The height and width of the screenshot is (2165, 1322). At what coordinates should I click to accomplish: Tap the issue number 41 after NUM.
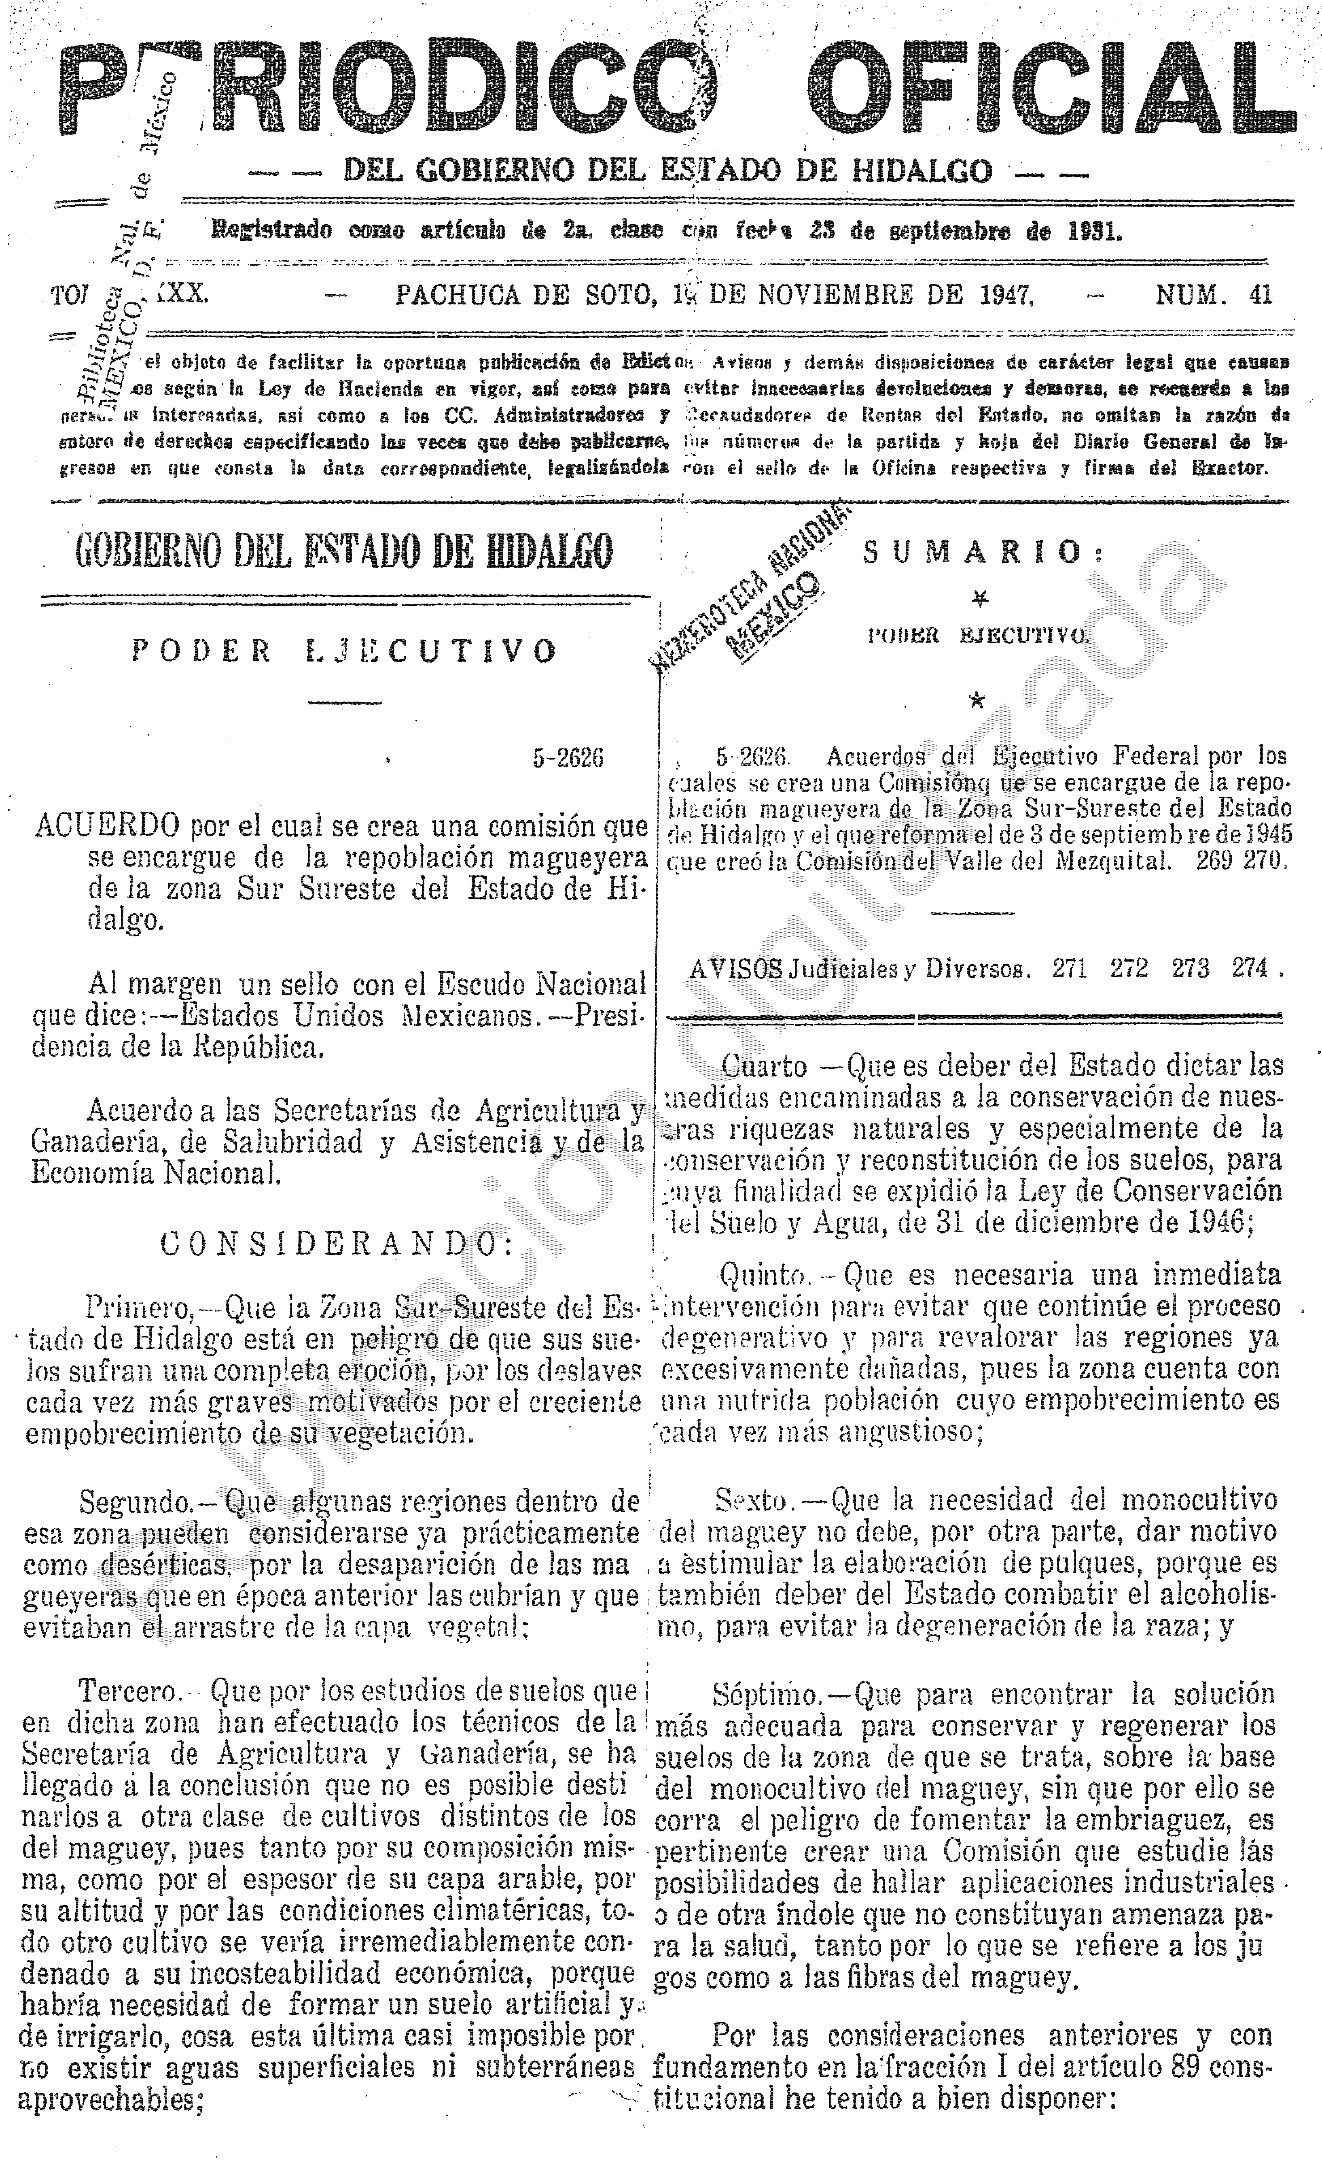[1260, 294]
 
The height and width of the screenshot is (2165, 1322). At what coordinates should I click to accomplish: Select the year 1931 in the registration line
[1095, 232]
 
